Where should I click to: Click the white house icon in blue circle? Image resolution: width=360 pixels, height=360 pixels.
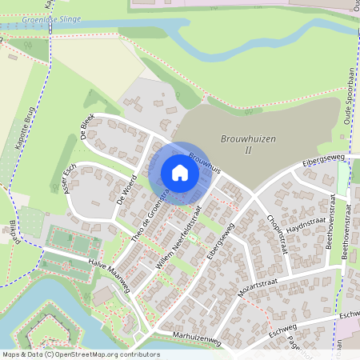180,173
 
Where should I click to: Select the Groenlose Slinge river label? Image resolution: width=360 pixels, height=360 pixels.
29,18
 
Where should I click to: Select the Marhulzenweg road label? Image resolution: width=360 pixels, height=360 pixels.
194,339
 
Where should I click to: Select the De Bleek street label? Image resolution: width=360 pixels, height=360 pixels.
86,126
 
